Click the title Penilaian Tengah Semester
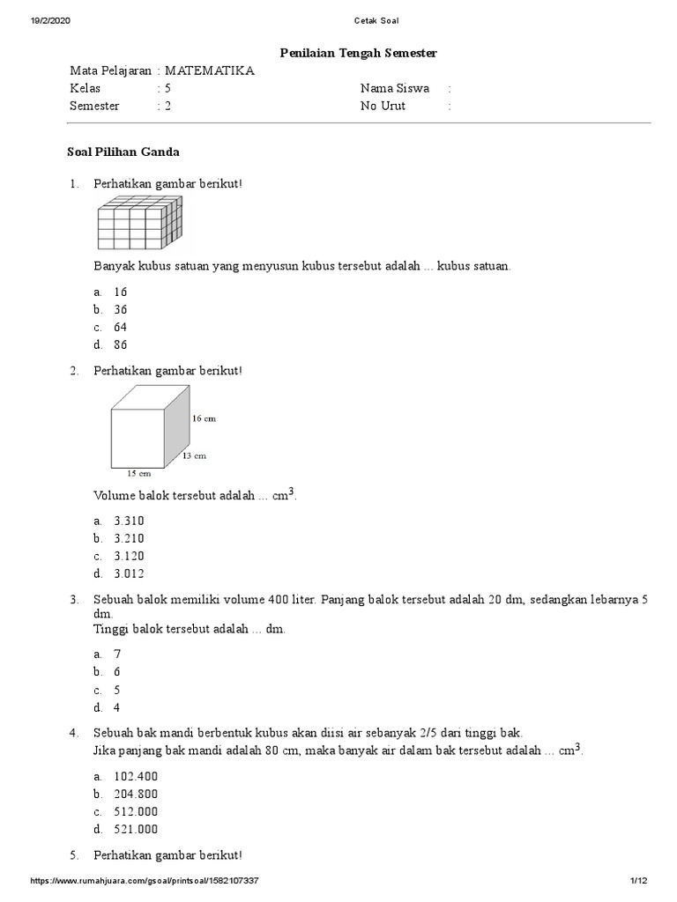click(358, 54)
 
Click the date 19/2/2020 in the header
click(50, 20)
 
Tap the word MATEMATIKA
click(208, 70)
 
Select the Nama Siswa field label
click(394, 88)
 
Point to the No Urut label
click(383, 106)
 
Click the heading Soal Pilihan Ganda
click(123, 152)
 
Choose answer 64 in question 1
click(121, 327)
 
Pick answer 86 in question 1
click(121, 344)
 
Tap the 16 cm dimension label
click(204, 418)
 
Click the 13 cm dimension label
click(194, 455)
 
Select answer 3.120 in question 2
click(129, 556)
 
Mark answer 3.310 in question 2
click(129, 521)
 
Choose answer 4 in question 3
click(116, 706)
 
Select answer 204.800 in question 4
click(136, 794)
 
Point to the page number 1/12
click(639, 882)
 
